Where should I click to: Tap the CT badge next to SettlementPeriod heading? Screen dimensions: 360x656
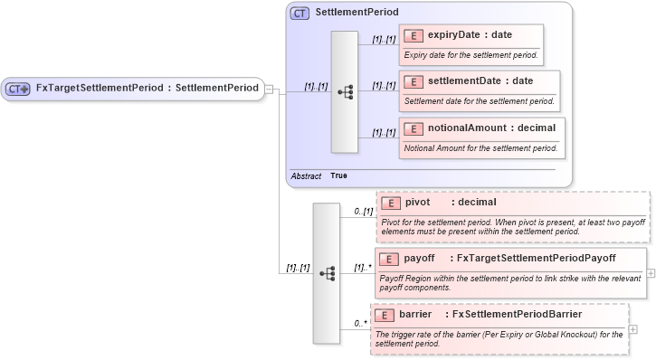coord(299,14)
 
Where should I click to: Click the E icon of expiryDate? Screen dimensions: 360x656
coord(413,35)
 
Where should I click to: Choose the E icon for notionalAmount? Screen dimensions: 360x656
coord(413,128)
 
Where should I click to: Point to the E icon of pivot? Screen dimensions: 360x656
coord(390,203)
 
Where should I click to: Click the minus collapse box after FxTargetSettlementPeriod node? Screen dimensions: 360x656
coord(269,89)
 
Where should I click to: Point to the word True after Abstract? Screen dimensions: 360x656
coord(338,175)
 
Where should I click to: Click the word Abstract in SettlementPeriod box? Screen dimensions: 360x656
coord(306,175)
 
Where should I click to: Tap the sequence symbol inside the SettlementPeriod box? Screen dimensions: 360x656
coord(345,91)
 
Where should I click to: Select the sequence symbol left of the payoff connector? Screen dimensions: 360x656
coord(327,272)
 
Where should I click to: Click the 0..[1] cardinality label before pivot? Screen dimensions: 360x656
coord(362,211)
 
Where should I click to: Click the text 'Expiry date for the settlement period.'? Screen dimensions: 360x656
coord(471,54)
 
